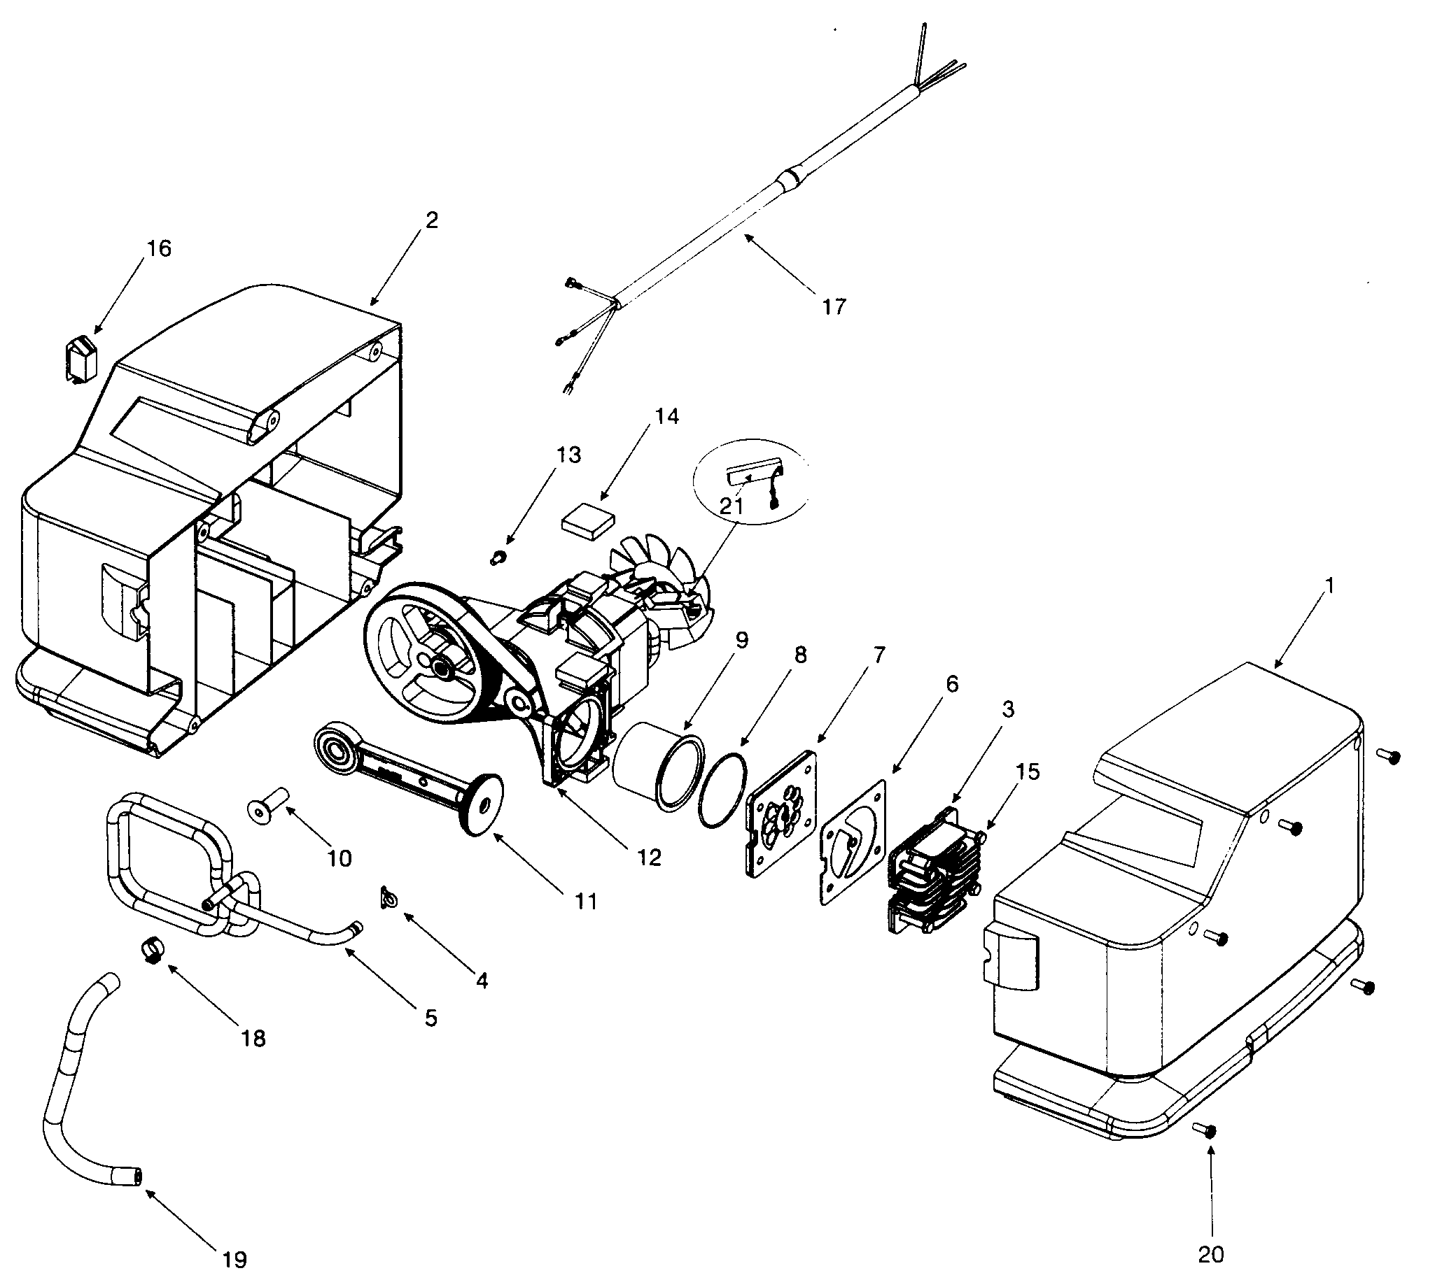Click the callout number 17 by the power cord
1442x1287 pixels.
click(834, 307)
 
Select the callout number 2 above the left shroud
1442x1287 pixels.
click(431, 220)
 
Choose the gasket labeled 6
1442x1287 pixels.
click(853, 841)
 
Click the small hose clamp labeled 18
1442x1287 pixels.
click(153, 948)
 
